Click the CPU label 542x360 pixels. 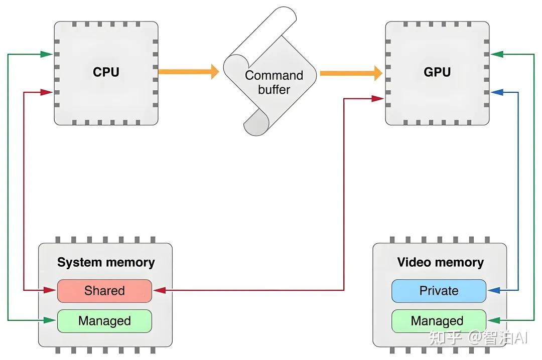coord(106,72)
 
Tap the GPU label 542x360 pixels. coord(437,72)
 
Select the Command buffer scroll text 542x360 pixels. coord(274,83)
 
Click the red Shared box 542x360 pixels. coord(104,291)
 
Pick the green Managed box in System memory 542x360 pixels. coord(104,321)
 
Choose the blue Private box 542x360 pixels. coord(439,291)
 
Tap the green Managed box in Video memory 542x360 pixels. coord(439,321)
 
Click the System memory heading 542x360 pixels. coord(106,262)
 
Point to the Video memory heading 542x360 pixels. coord(440,262)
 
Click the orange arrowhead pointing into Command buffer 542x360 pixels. coord(214,72)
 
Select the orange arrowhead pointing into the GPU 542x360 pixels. coord(377,73)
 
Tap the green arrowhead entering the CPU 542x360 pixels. coord(47,54)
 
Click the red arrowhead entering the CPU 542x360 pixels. coord(47,92)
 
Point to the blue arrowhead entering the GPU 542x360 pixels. coord(496,92)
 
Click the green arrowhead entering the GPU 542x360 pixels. coord(496,54)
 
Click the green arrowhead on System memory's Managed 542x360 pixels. coord(51,320)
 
